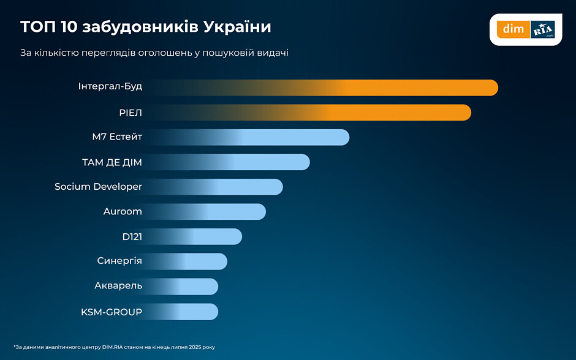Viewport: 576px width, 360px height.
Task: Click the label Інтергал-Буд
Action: point(110,86)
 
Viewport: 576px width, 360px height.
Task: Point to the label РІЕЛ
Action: point(131,112)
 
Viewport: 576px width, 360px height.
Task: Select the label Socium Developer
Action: point(98,187)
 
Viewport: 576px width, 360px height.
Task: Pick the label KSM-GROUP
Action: point(112,312)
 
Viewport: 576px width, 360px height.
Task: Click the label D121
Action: point(132,236)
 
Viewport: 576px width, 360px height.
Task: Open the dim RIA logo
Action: point(526,29)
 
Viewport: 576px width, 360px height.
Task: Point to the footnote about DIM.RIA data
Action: point(114,347)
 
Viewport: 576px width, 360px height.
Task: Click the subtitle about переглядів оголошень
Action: point(154,53)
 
